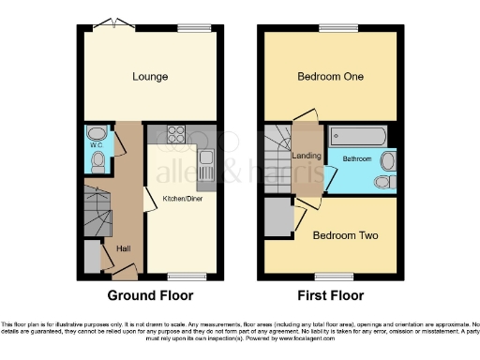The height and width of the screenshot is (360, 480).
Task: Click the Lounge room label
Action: pos(150,77)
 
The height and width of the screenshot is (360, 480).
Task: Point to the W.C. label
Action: pos(96,145)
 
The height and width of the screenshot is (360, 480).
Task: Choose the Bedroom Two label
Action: pos(346,234)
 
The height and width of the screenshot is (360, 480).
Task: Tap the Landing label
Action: pos(307,156)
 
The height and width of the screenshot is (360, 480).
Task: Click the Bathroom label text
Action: pos(355,157)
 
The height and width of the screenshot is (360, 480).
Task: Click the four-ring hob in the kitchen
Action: pos(177,136)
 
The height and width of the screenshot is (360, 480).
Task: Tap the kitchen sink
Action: pos(206,170)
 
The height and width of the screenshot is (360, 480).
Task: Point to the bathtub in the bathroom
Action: pos(353,138)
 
